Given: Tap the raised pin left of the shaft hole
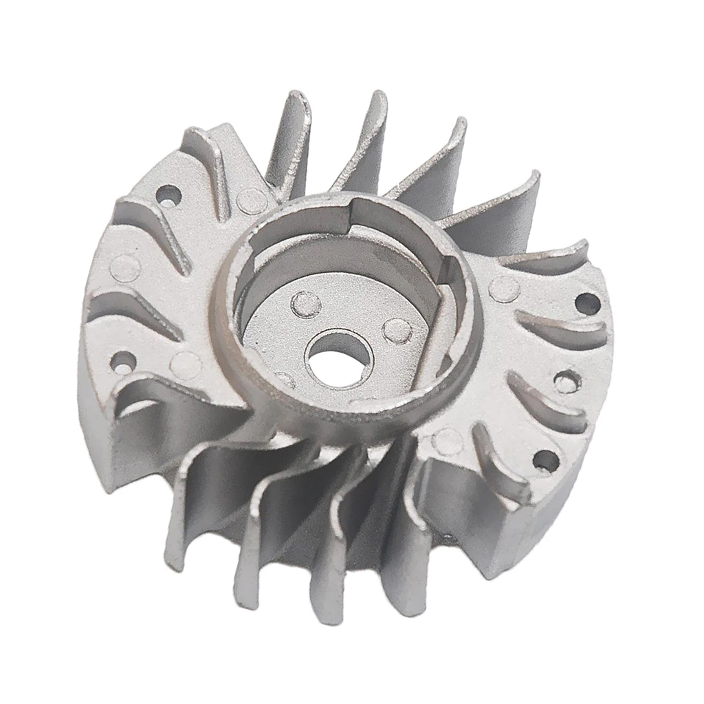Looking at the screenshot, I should click(302, 301).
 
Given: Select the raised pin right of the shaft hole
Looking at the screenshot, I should click(397, 331).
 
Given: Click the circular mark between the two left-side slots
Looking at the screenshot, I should click(126, 265).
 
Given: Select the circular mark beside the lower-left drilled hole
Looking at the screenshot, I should click(186, 362).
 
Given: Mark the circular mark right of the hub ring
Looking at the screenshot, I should click(505, 289).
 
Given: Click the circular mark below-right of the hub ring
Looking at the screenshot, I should click(448, 441).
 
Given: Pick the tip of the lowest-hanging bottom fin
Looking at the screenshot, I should click(323, 615).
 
